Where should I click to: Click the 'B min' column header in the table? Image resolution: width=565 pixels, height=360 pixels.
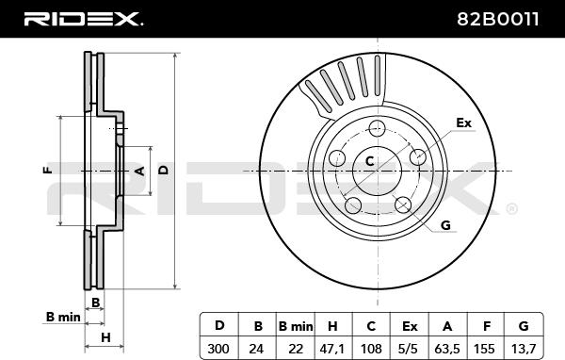pyautogui.click(x=295, y=325)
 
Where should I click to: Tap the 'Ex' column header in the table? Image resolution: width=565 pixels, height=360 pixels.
pyautogui.click(x=409, y=325)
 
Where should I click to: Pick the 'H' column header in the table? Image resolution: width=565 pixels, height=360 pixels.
pyautogui.click(x=332, y=325)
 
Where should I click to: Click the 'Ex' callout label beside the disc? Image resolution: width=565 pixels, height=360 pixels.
pyautogui.click(x=462, y=123)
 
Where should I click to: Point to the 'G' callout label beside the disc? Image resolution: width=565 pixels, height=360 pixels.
pyautogui.click(x=445, y=224)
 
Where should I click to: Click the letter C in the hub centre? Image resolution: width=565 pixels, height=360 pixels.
pyautogui.click(x=370, y=162)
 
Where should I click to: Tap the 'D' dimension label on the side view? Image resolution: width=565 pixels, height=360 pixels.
pyautogui.click(x=162, y=171)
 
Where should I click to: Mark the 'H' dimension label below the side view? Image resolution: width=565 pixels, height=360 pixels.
pyautogui.click(x=105, y=336)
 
